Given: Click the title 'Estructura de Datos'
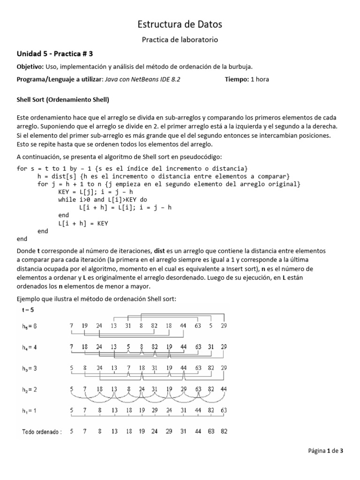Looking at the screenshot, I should click(x=180, y=24).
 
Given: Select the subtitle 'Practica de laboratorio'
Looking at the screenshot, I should click(x=180, y=40).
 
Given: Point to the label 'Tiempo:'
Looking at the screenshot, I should click(x=237, y=79).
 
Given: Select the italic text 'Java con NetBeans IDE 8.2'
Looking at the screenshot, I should click(x=142, y=79).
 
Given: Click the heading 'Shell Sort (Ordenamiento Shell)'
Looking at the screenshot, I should click(x=63, y=100).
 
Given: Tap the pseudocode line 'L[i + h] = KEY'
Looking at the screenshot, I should click(x=83, y=223).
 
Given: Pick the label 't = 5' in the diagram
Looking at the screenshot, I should click(x=28, y=310).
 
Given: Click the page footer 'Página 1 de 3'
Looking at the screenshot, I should click(x=326, y=451).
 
